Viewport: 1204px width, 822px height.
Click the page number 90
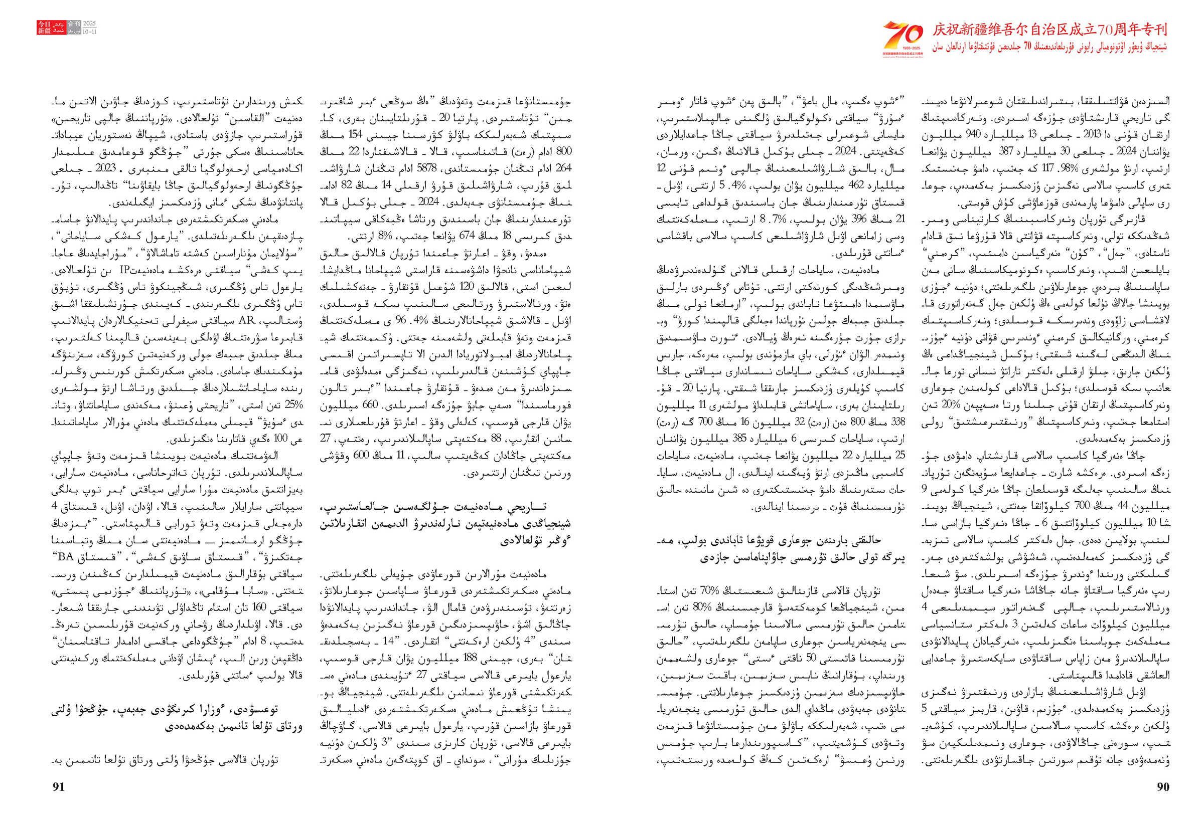click(1162, 787)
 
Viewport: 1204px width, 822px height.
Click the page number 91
click(59, 787)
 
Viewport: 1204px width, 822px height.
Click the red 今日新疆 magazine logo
click(44, 28)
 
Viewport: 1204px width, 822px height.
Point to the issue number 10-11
click(90, 32)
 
